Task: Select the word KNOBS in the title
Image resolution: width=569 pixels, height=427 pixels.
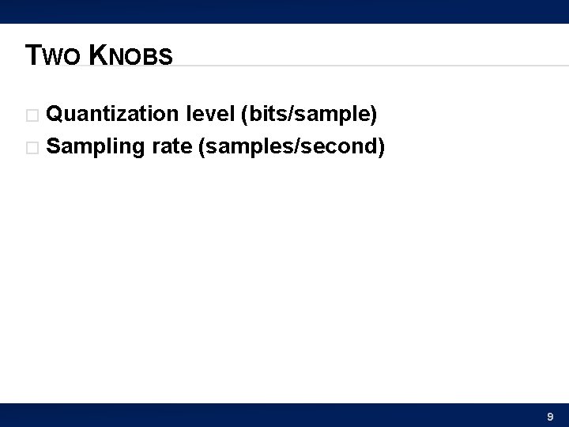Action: click(130, 55)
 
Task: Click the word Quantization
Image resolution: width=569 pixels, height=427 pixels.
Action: click(112, 115)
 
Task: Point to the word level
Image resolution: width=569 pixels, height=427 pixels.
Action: click(209, 115)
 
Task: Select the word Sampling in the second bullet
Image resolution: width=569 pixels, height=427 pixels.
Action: click(95, 146)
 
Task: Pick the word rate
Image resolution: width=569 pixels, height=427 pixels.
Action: click(172, 146)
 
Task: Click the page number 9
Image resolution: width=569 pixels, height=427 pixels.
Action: click(550, 416)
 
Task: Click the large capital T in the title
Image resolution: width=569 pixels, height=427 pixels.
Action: click(32, 55)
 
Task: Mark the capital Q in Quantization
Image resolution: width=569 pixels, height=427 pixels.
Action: click(55, 115)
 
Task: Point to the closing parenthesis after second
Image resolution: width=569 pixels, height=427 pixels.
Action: click(381, 146)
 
